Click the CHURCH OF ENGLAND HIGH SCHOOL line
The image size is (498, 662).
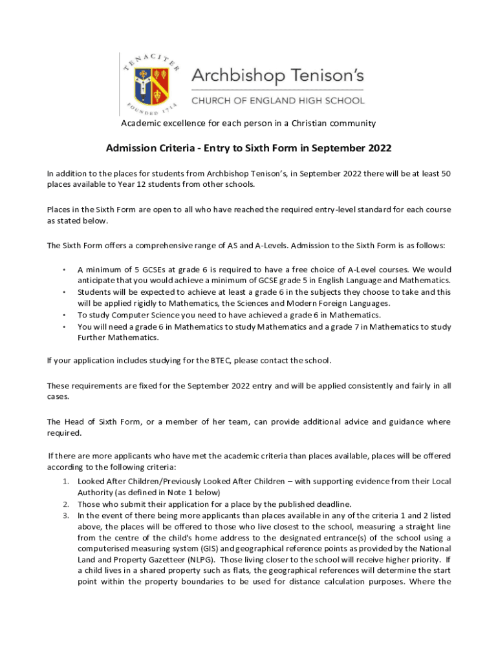[277, 101]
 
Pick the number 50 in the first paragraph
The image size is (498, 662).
[445, 174]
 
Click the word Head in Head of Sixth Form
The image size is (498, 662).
[69, 422]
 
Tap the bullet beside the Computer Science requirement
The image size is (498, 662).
[63, 315]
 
